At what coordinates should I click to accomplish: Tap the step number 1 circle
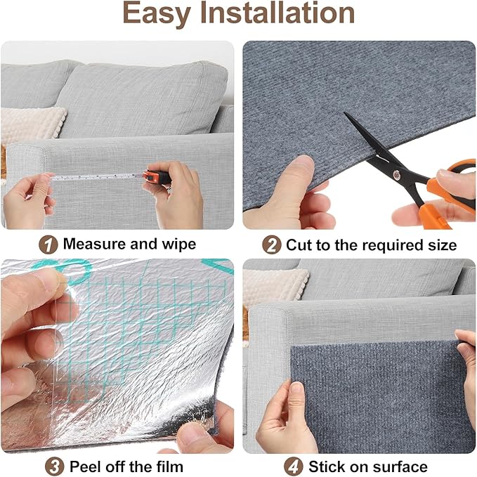click(48, 245)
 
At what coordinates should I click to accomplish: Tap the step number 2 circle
click(272, 245)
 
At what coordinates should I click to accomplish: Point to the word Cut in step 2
click(299, 245)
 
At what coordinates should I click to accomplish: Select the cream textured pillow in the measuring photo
click(32, 124)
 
